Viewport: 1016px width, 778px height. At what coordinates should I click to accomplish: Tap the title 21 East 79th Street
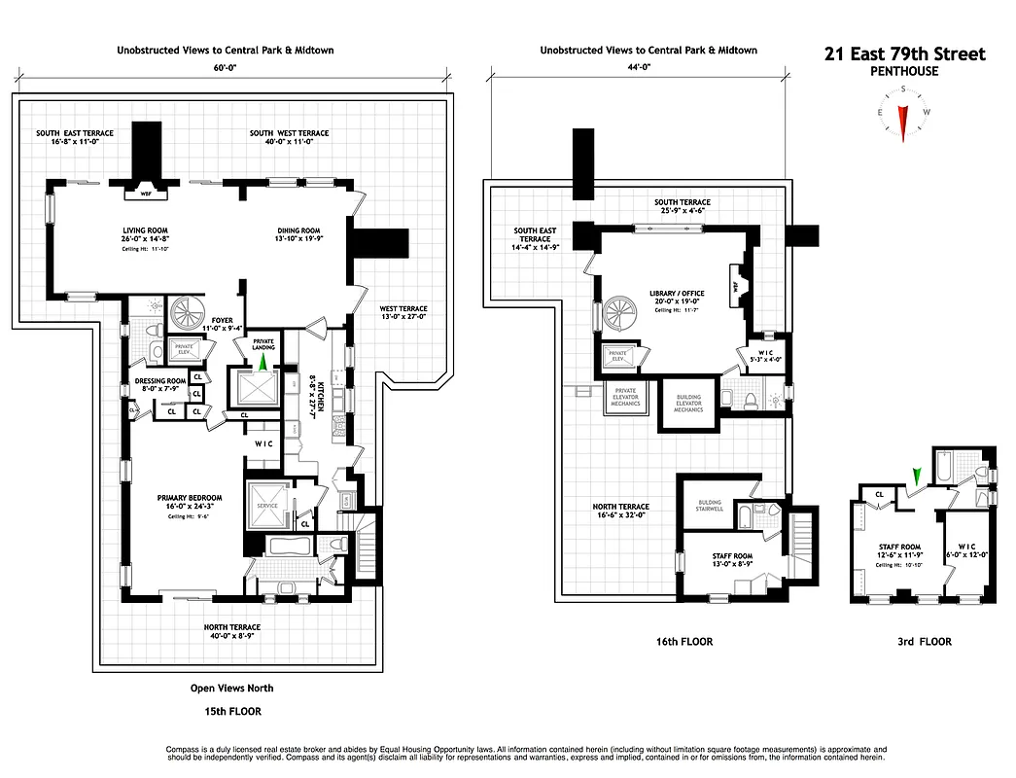904,54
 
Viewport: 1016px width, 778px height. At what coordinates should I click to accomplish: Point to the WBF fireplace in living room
147,193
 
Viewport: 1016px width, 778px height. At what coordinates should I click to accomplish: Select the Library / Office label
677,294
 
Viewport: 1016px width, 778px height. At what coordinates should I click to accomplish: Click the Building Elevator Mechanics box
688,403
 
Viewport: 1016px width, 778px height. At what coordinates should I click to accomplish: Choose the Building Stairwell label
709,507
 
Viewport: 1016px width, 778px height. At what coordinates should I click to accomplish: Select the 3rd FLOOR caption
925,642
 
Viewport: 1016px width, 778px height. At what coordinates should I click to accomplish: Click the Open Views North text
232,689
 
